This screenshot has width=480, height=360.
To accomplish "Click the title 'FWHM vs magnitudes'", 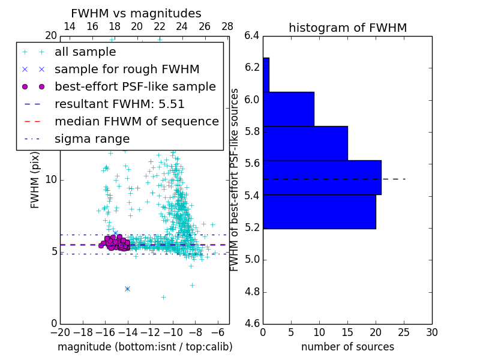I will pos(136,14).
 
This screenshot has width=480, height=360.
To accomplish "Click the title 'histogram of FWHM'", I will pos(347,28).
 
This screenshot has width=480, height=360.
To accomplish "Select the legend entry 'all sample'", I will pos(85,52).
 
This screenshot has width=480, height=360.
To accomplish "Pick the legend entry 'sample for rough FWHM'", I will pos(127,70).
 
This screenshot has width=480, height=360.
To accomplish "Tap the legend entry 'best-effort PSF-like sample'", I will pos(135,87).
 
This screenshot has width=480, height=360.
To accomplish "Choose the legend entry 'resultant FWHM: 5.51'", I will pos(119,104).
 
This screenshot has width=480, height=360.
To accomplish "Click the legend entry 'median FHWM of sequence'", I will pos(136,122).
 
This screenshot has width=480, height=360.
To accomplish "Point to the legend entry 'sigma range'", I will pos(92,139).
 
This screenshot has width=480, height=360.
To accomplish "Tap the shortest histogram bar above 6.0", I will pos(266,75).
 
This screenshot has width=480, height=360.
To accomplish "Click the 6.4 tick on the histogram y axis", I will pos(252,35).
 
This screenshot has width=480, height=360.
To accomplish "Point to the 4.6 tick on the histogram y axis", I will pos(252,324).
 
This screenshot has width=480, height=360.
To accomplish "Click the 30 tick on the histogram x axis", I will pos(431,332).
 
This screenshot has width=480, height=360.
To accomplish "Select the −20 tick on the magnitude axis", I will pos(60,332).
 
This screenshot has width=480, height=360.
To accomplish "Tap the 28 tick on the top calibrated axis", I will pos(227,27).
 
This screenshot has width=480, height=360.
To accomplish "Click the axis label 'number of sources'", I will pos(347,347).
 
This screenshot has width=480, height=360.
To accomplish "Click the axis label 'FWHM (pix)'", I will pos(35,179).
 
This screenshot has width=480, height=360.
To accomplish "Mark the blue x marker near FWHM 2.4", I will pos(127,289).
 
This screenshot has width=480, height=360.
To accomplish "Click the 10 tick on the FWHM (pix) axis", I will pos(50,179).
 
